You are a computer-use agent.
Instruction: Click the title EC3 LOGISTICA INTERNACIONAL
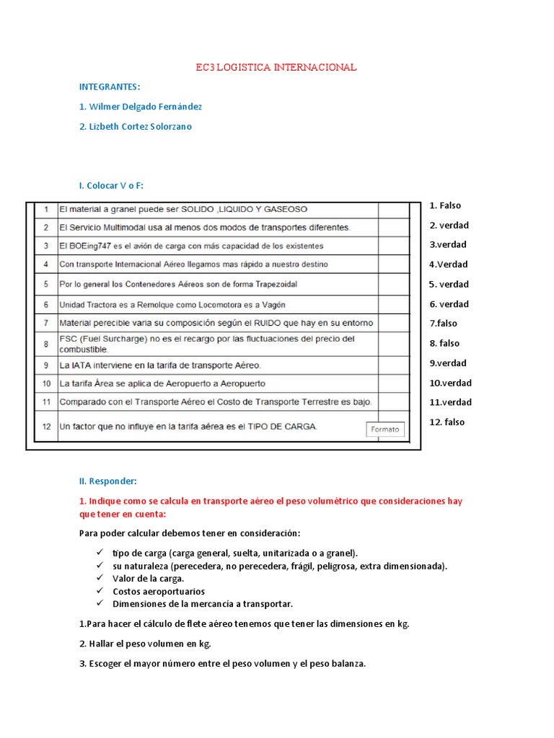tap(276, 68)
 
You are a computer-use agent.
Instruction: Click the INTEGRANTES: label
tap(110, 87)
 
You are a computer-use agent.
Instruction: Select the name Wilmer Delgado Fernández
tap(141, 107)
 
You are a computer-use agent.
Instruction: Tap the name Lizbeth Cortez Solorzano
tap(136, 126)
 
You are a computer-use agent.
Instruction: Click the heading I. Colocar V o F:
tap(111, 185)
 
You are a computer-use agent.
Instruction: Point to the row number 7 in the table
tap(45, 323)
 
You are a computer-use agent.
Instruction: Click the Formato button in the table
tap(385, 430)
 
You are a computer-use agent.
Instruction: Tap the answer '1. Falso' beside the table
tap(445, 205)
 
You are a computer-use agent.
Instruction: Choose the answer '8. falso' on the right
tap(444, 343)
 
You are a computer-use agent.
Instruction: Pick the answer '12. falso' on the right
tap(447, 422)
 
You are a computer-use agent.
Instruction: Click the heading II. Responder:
tap(107, 481)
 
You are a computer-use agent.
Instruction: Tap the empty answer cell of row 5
tap(393, 284)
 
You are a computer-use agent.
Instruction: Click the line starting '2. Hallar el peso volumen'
tap(145, 644)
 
